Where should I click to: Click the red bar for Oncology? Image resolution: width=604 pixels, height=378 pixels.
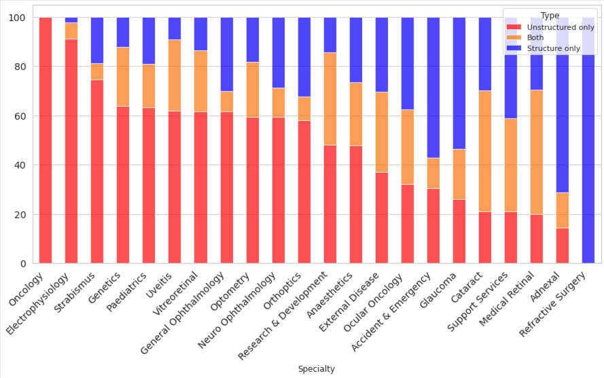46,140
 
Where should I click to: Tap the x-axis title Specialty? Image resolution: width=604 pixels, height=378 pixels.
317,368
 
